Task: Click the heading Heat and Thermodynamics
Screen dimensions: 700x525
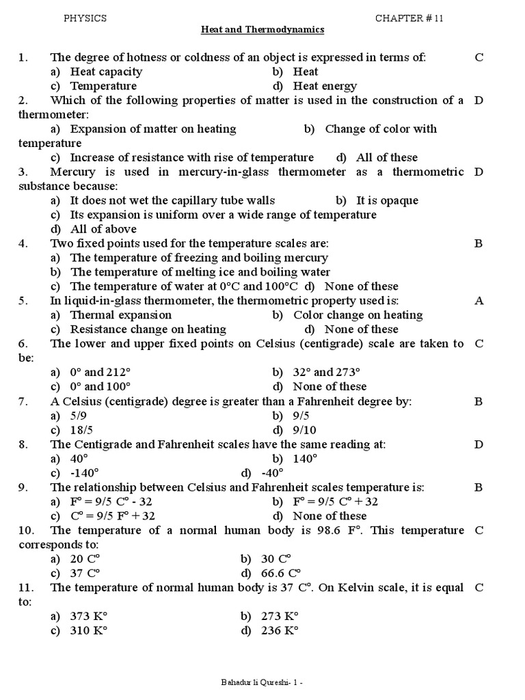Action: [x=262, y=30]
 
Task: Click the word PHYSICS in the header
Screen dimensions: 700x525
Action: [x=85, y=18]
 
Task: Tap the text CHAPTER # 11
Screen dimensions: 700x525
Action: [x=409, y=18]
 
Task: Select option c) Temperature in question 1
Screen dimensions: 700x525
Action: [x=103, y=86]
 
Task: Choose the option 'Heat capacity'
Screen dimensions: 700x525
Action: [x=106, y=72]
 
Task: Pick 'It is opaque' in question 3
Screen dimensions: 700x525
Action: [x=387, y=200]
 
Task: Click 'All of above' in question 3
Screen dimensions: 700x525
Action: [x=103, y=229]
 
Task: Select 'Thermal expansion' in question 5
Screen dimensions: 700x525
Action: [x=120, y=315]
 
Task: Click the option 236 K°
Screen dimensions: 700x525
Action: [x=280, y=630]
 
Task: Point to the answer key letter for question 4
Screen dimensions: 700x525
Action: [x=479, y=243]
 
